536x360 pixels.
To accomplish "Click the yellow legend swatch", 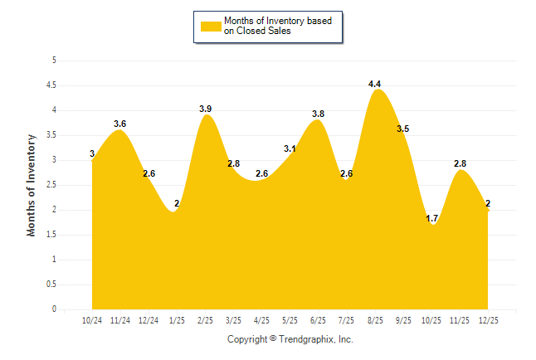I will pos(210,26).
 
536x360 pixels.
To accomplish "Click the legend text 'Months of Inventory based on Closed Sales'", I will pos(278,26).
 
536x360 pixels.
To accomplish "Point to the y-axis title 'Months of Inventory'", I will pos(32,185).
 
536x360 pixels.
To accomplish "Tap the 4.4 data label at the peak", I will pos(374,84).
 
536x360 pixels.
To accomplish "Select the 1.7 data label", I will pos(431,218).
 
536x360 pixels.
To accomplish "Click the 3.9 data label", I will pos(206,109).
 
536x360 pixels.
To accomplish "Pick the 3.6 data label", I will pos(119,124).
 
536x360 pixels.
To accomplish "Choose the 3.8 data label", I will pos(318,114).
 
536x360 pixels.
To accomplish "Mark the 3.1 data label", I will pos(290,148).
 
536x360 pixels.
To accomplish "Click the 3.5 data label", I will pos(403,129).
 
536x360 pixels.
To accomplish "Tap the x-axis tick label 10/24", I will pos(91,321).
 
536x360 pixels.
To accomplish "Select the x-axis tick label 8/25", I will pos(375,321).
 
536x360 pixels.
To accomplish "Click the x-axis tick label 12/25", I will pos(488,321).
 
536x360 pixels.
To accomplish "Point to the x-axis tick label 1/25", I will pos(177,321).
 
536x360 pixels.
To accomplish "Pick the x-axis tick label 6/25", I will pos(319,321).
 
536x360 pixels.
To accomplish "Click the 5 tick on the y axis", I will pos(54,61).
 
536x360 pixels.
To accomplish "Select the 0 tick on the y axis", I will pos(54,309).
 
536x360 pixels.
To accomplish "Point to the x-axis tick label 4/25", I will pos(261,321).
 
